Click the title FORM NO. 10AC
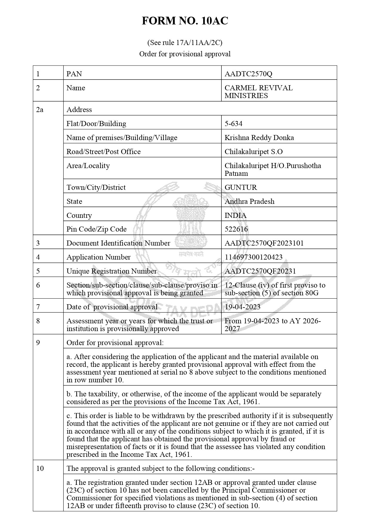[x=185, y=21]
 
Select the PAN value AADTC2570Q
[x=248, y=74]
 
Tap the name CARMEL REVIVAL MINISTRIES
[x=258, y=92]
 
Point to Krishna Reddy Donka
[x=259, y=137]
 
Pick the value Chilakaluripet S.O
[x=253, y=151]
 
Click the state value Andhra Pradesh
[x=249, y=201]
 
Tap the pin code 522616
[x=236, y=229]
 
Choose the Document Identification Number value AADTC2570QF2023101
[x=264, y=243]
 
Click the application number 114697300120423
[x=253, y=257]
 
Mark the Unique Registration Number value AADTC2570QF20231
[x=260, y=271]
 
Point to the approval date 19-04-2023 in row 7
[x=242, y=307]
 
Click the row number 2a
[x=40, y=109]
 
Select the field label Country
[x=79, y=215]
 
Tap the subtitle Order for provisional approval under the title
[x=185, y=54]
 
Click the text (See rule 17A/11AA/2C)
[x=185, y=43]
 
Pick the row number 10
[x=40, y=468]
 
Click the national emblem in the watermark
[x=191, y=221]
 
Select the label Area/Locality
[x=88, y=165]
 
